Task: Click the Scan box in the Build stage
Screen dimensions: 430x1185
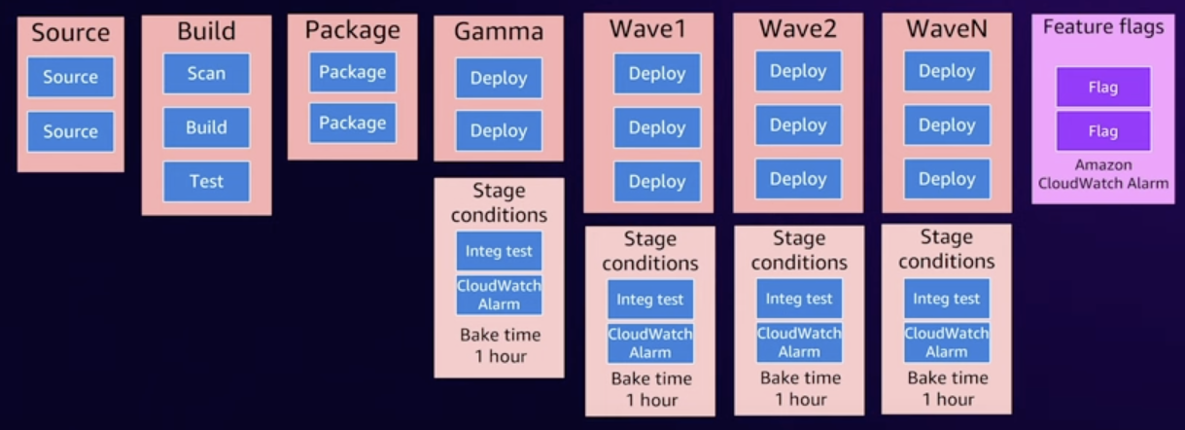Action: (x=206, y=73)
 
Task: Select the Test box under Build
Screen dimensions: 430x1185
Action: (x=206, y=181)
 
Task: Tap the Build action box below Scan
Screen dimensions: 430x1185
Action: (x=206, y=127)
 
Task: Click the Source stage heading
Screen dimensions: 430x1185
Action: (x=70, y=33)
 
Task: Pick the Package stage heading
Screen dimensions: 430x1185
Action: (x=352, y=30)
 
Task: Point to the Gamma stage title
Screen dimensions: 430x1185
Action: (x=498, y=33)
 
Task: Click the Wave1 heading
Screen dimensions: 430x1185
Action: (x=647, y=29)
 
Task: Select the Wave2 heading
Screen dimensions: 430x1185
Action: (x=797, y=29)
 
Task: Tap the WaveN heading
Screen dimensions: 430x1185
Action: (x=946, y=29)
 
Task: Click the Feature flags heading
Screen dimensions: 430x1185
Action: (x=1102, y=27)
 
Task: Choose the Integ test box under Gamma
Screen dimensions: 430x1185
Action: (x=499, y=251)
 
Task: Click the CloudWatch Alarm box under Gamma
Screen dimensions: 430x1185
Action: (x=499, y=295)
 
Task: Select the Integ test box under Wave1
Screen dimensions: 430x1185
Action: (x=650, y=300)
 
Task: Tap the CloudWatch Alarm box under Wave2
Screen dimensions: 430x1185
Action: (x=799, y=342)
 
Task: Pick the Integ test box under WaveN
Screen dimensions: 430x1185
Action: (x=946, y=299)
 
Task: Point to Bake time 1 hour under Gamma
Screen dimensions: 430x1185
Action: (x=499, y=345)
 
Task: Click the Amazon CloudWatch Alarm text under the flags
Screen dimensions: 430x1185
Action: (x=1102, y=174)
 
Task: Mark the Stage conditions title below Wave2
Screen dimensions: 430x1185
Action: (x=799, y=250)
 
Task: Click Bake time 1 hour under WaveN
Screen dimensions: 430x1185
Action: (x=946, y=388)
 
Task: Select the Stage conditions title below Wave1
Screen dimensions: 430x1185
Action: (x=649, y=251)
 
